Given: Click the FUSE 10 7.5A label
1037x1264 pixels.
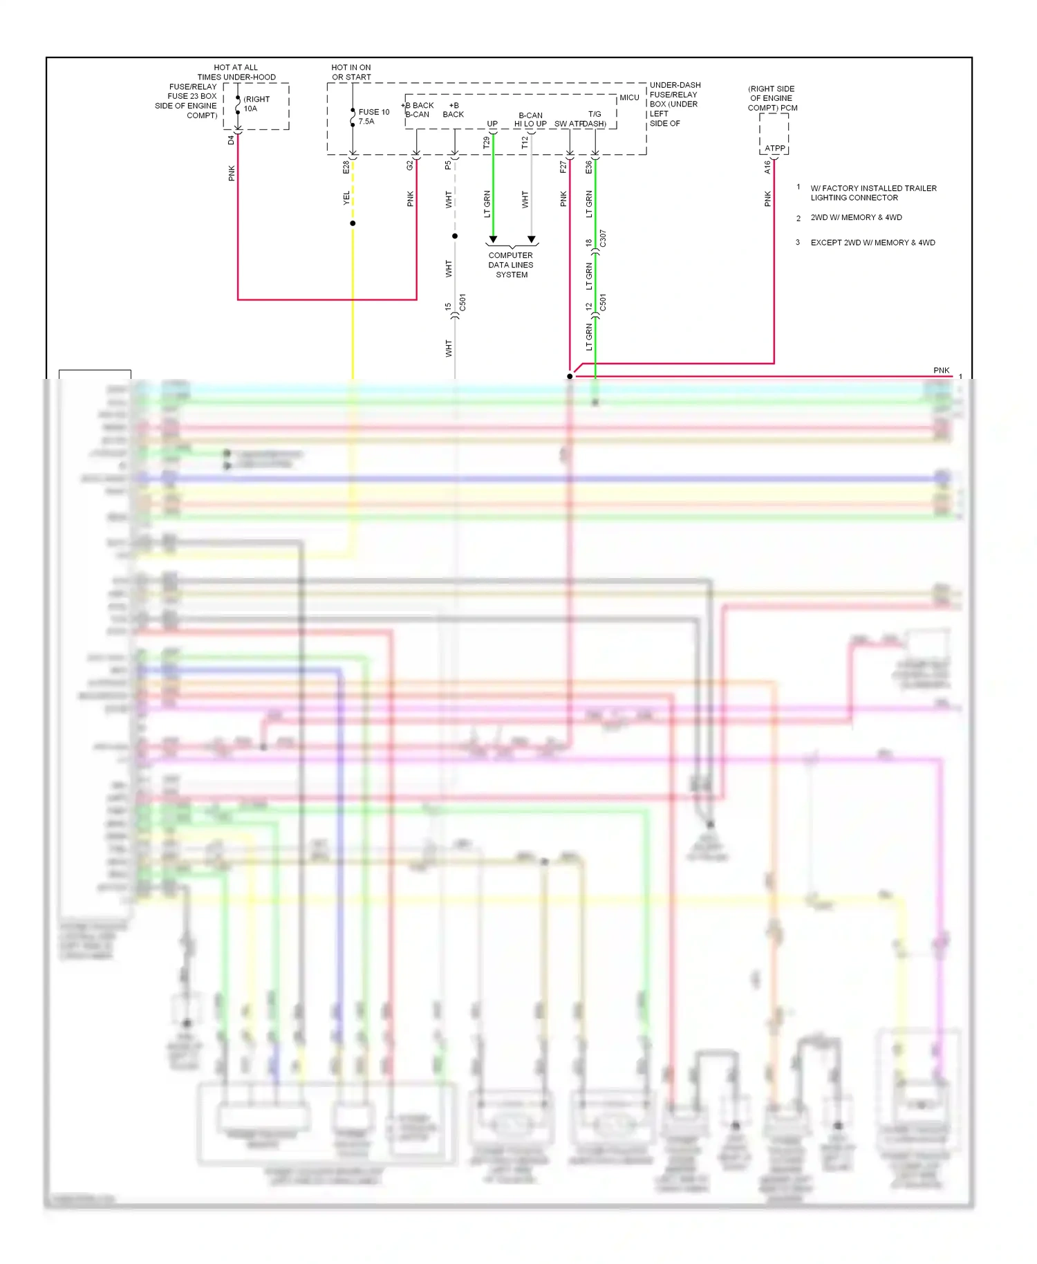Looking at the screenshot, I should click(x=373, y=116).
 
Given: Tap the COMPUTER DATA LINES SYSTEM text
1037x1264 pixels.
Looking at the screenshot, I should click(x=511, y=265).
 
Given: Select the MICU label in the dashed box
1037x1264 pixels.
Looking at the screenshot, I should click(x=629, y=97).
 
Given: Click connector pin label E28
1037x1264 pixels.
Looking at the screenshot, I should click(x=346, y=167).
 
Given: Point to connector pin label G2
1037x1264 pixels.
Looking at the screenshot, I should click(x=410, y=165).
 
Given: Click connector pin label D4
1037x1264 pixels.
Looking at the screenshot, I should click(x=232, y=140).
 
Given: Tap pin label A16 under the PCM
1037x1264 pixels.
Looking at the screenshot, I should click(x=767, y=167).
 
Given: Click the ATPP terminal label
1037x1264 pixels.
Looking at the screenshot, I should click(x=774, y=148).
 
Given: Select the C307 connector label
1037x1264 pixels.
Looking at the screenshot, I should click(x=603, y=239).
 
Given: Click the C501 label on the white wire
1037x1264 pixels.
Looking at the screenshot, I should click(x=463, y=302).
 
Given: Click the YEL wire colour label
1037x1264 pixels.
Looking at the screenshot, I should click(x=346, y=198).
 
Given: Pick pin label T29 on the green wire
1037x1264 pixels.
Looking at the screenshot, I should click(x=487, y=142).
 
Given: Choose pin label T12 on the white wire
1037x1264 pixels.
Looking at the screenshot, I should click(x=525, y=142).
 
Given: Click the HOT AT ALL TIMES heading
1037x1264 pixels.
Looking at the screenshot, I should click(x=236, y=72).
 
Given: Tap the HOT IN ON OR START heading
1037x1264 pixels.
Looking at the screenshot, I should click(x=351, y=72).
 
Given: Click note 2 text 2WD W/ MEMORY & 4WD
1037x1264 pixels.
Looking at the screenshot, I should click(x=856, y=217).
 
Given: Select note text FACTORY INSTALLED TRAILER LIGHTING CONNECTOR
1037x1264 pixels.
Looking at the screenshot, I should click(x=873, y=193).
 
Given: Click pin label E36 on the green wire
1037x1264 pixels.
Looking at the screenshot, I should click(x=589, y=167).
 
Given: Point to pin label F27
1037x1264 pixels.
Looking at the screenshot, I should click(x=563, y=167).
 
